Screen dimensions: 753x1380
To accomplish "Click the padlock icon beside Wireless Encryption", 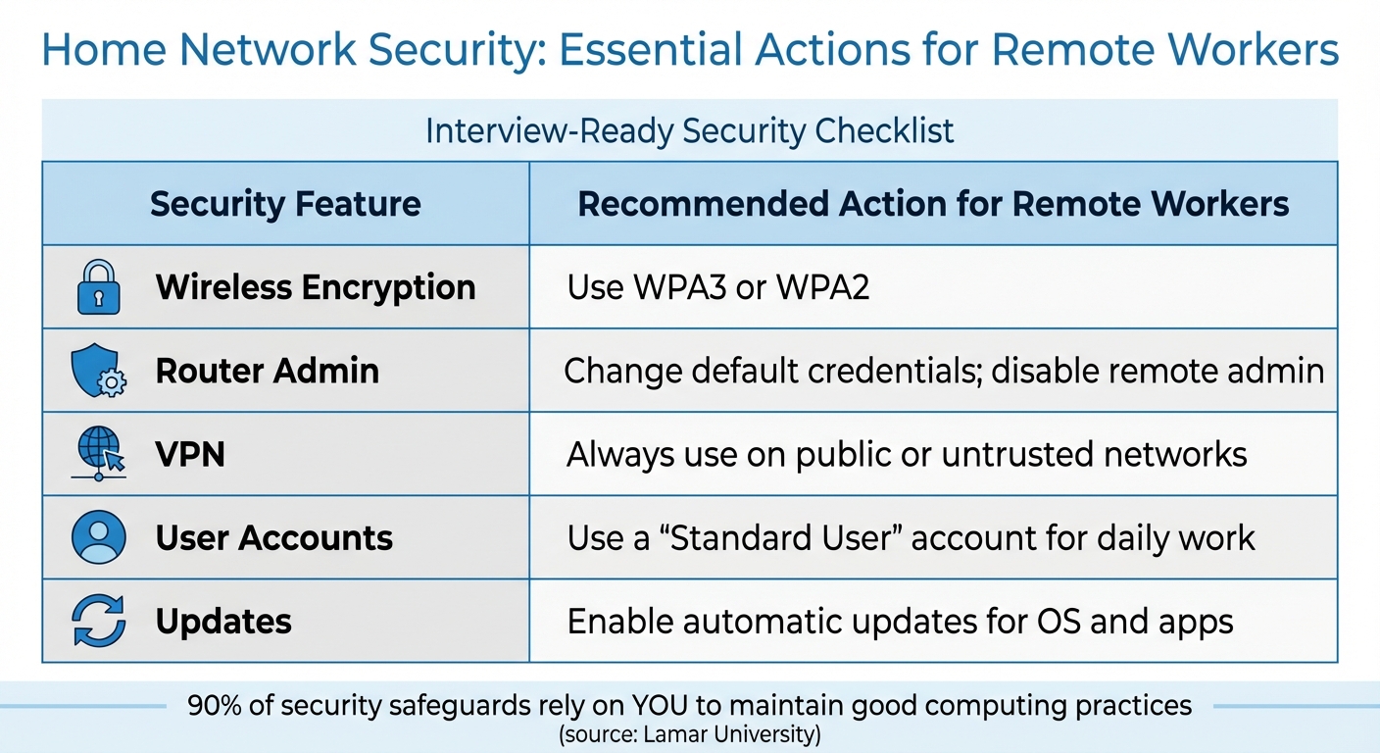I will (x=98, y=287).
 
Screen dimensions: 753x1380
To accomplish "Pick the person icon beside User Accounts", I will (x=99, y=537).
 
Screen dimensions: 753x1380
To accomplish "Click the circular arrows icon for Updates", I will (x=99, y=621).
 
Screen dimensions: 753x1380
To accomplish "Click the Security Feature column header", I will (x=285, y=204).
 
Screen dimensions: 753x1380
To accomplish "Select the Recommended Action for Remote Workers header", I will (x=933, y=204).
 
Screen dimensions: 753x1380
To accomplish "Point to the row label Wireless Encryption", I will (x=316, y=287).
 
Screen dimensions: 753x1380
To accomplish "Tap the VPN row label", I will (x=190, y=455).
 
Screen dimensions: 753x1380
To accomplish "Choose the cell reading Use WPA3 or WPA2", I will (x=718, y=287).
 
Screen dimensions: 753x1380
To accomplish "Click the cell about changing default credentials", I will (x=944, y=372).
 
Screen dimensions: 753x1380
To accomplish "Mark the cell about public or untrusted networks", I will (x=907, y=455).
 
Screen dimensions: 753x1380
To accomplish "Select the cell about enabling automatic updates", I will (x=900, y=622).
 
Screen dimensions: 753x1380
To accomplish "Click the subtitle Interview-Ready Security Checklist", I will (x=689, y=131).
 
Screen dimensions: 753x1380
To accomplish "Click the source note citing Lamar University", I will (x=689, y=734).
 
